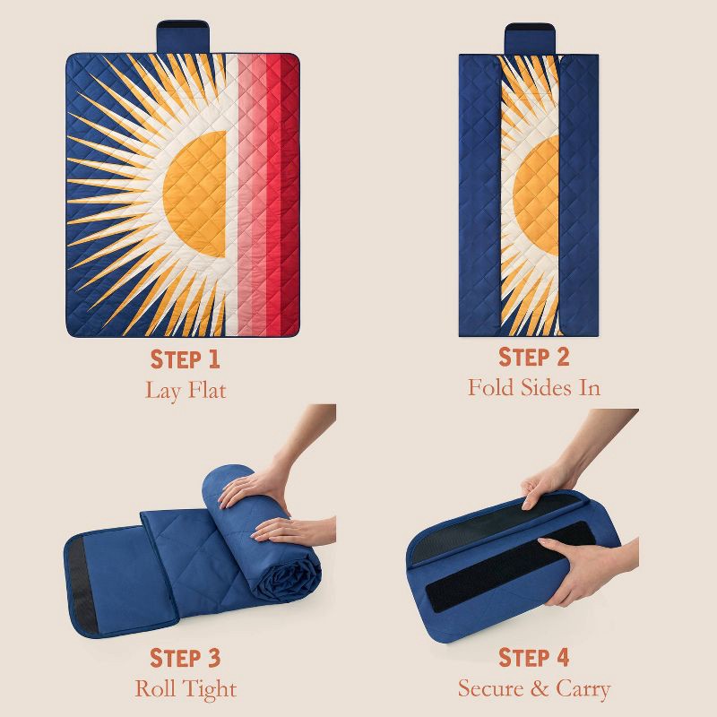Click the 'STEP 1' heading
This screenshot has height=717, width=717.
tap(186, 359)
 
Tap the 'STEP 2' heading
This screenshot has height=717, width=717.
tap(533, 357)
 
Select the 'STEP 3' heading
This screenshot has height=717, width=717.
tap(186, 658)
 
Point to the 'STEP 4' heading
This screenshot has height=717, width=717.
tap(533, 658)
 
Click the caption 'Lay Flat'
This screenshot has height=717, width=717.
tap(186, 391)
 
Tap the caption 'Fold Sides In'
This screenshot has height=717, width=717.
tap(533, 387)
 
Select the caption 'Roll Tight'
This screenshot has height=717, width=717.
tap(186, 688)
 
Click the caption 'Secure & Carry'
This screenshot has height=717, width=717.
tap(534, 688)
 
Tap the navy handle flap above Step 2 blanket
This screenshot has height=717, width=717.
tap(530, 39)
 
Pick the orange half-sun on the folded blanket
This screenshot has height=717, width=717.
tap(537, 195)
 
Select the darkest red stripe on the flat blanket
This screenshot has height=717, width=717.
tap(289, 194)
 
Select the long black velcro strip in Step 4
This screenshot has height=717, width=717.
tap(510, 567)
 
